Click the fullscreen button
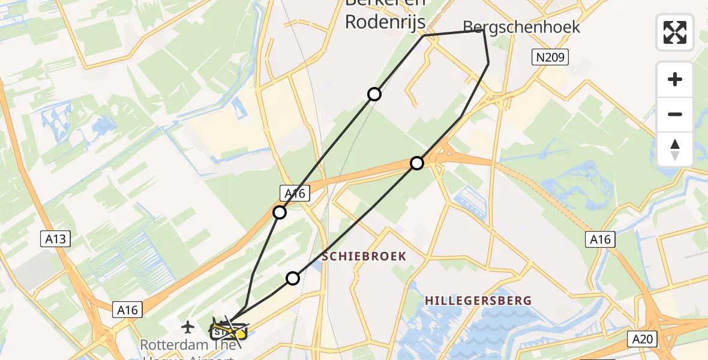[675, 32]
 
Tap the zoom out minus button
[675, 114]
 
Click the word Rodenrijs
[385, 22]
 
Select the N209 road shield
[550, 58]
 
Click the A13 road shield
[58, 239]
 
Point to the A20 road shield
[643, 340]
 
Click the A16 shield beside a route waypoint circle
[295, 193]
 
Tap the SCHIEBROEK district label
[364, 256]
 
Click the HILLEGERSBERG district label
[478, 300]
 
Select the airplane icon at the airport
[188, 327]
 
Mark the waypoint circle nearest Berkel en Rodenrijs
[374, 94]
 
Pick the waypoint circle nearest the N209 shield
[417, 163]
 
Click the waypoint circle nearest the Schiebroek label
[293, 278]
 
